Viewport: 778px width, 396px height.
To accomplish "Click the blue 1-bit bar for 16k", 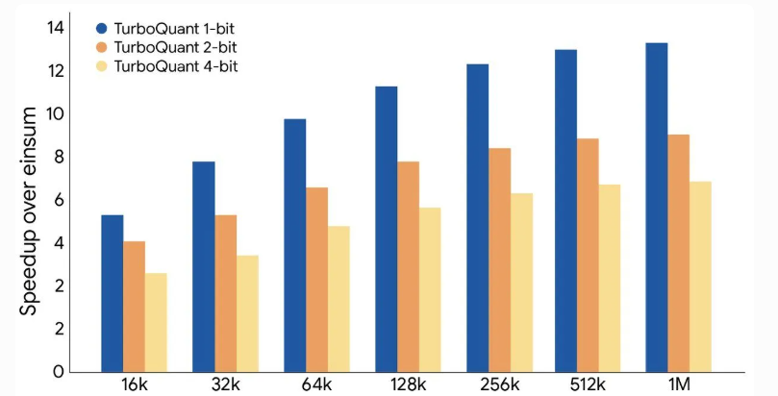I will point(113,293).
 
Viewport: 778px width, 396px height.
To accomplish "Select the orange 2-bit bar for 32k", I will point(225,293).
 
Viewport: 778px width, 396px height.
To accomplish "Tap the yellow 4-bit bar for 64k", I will point(339,299).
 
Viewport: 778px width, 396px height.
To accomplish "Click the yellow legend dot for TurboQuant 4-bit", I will point(102,66).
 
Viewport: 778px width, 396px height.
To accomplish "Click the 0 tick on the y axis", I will point(59,371).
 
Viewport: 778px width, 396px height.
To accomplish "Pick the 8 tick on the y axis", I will point(59,157).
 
